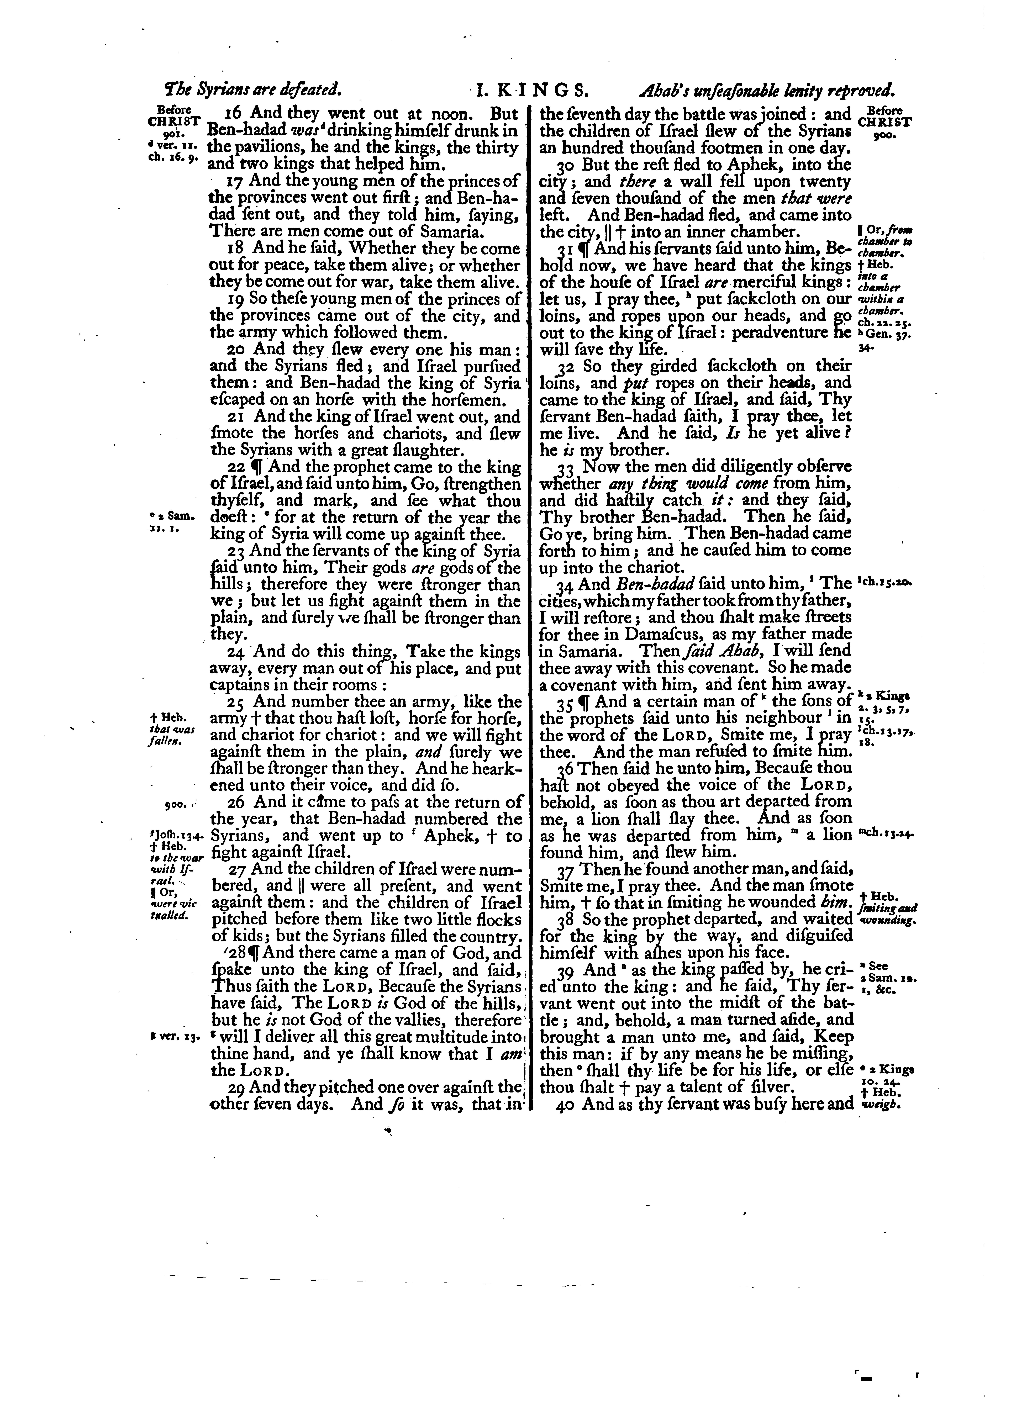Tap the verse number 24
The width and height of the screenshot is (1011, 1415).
tap(238, 652)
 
